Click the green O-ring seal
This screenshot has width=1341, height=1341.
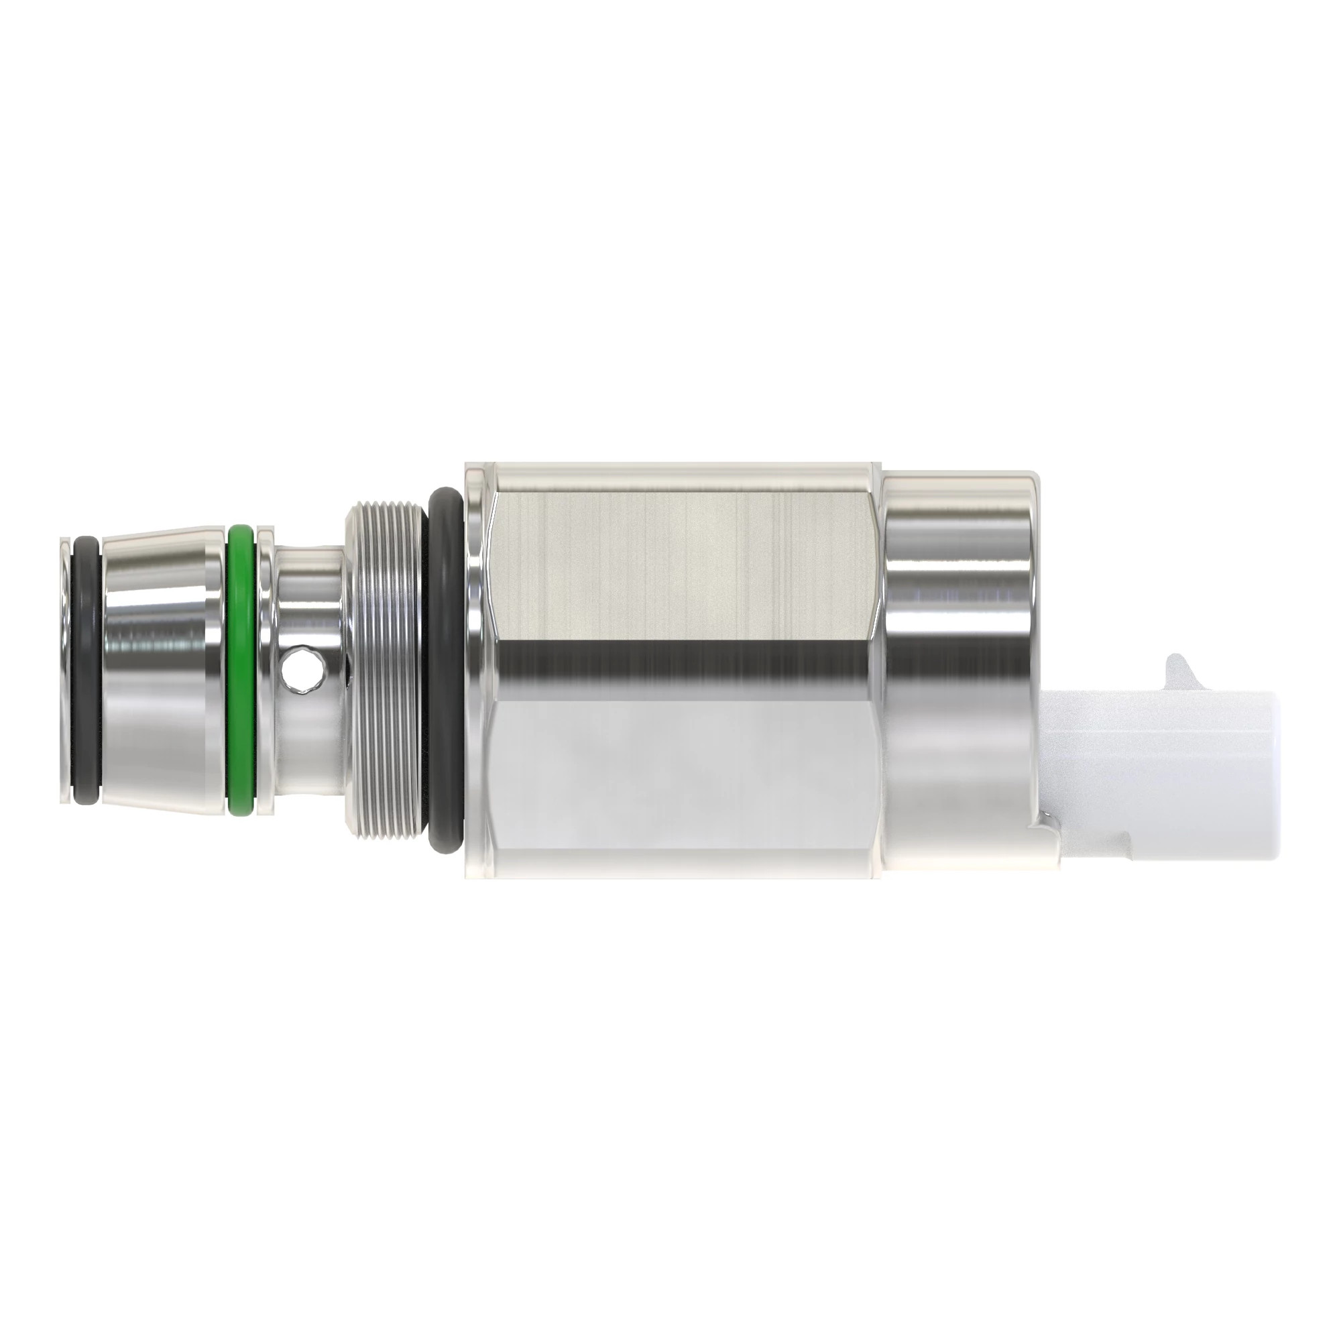pyautogui.click(x=240, y=669)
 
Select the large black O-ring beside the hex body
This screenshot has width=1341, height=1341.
pyautogui.click(x=443, y=669)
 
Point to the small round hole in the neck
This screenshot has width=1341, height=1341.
pyautogui.click(x=303, y=669)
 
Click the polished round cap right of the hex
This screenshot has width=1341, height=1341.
pyautogui.click(x=958, y=611)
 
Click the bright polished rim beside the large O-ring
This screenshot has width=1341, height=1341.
pyautogui.click(x=476, y=669)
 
